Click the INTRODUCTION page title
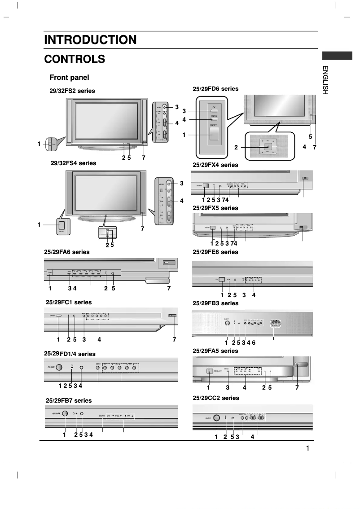click(x=90, y=40)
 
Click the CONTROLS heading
click(x=75, y=59)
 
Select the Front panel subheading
click(x=69, y=78)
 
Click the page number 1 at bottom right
click(x=307, y=448)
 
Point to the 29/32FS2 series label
click(x=72, y=91)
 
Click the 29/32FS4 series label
click(x=73, y=163)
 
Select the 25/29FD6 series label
click(x=215, y=89)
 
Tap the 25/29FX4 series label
click(x=215, y=165)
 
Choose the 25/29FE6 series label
click(x=215, y=252)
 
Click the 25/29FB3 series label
click(x=215, y=303)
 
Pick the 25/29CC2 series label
click(x=215, y=398)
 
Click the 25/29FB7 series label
click(x=69, y=400)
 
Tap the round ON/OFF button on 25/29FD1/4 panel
click(x=59, y=368)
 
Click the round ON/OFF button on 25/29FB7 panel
click(x=65, y=413)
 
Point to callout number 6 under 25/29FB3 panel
click(x=254, y=342)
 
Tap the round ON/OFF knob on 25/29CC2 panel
click(x=216, y=418)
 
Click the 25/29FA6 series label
click(x=67, y=252)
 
